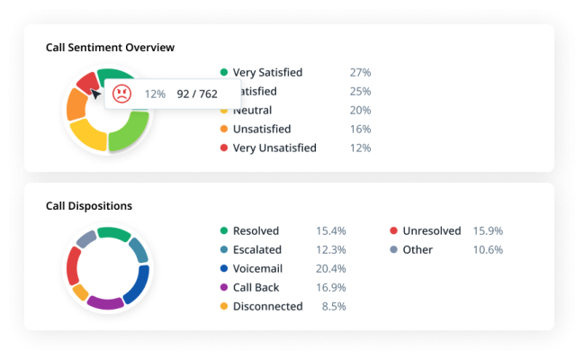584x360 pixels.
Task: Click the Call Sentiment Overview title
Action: [110, 47]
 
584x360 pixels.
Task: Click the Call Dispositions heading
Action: [89, 206]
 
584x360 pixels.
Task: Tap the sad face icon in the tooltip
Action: [121, 93]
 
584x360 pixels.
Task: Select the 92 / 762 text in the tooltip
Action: [195, 93]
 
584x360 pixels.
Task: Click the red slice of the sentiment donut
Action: [86, 83]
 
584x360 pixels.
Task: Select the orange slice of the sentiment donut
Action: [76, 106]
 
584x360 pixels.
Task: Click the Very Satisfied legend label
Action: [267, 72]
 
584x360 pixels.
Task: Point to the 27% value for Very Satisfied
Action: [360, 72]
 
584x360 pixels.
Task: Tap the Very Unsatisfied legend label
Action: [274, 148]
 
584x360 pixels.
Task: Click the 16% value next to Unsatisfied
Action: [360, 129]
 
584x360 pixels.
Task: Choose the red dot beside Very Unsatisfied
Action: [223, 148]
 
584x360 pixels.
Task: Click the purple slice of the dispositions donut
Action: [106, 302]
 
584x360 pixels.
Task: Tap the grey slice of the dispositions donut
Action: [86, 239]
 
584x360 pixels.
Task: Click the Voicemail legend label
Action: [258, 268]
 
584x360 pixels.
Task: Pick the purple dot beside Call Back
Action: [223, 287]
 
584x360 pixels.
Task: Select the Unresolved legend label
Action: [432, 230]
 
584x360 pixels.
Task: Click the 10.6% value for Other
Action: [488, 249]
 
